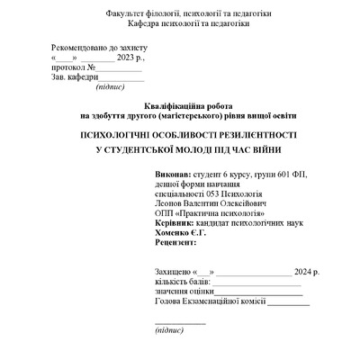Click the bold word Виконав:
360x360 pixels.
click(148, 172)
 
